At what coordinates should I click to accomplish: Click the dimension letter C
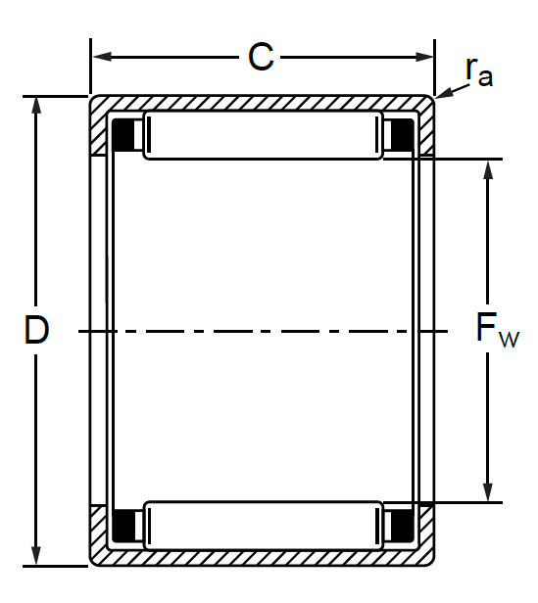(x=261, y=57)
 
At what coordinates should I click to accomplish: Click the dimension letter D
(x=36, y=329)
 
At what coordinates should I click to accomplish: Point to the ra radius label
(x=478, y=71)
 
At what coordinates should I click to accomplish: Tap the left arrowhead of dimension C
(x=102, y=57)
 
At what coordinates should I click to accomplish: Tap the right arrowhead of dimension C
(x=424, y=57)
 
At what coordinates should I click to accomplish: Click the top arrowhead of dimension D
(x=36, y=106)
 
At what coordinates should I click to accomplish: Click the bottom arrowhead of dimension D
(x=36, y=556)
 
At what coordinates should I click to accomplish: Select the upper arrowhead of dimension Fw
(x=488, y=169)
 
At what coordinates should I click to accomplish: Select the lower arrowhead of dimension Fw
(x=488, y=492)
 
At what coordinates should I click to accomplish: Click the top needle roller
(x=263, y=135)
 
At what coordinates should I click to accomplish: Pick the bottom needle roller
(x=263, y=526)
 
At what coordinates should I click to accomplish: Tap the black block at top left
(x=122, y=135)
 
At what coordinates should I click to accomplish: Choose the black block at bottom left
(x=122, y=526)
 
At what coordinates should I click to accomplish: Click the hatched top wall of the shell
(x=262, y=103)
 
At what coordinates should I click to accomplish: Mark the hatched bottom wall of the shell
(x=262, y=557)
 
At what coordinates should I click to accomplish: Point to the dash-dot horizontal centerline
(x=263, y=331)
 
